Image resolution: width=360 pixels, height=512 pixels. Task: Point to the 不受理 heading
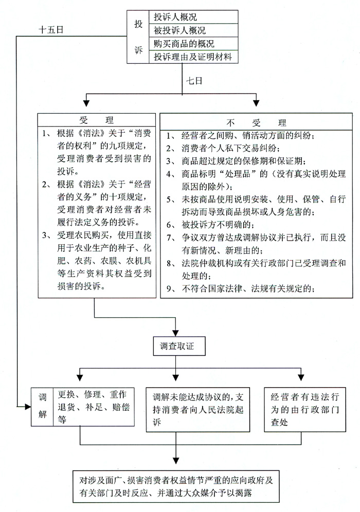(x=256, y=123)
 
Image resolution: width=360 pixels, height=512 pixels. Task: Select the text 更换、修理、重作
(x=91, y=395)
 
